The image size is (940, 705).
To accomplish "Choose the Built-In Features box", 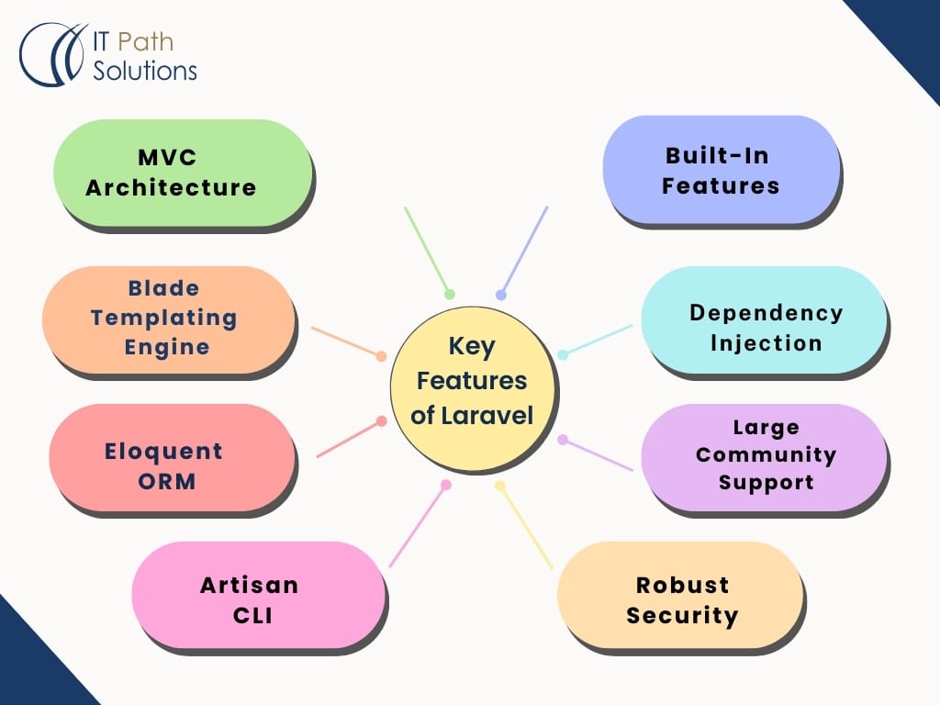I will [x=721, y=170].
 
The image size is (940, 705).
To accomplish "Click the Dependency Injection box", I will [x=764, y=327].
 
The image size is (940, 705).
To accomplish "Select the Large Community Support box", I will [x=764, y=455].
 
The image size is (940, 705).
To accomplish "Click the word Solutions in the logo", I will [x=145, y=71].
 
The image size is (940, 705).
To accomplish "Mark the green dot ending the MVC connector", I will [x=450, y=295].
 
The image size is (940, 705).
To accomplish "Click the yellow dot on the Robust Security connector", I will [x=500, y=485].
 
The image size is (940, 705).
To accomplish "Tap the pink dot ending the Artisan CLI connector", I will [x=446, y=485].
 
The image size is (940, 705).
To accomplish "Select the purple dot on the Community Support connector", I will [x=563, y=440].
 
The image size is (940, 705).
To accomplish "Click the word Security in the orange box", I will [x=682, y=615].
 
